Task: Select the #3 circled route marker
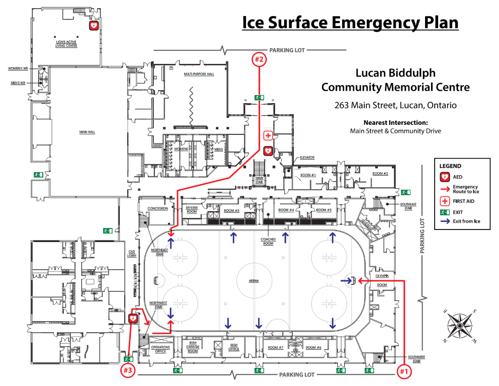(128, 371)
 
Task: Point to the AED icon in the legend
(444, 176)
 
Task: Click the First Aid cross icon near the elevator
(268, 136)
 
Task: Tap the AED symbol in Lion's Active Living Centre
(94, 25)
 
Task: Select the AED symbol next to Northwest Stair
(133, 318)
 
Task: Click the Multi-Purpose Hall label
(199, 73)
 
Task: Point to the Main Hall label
(88, 132)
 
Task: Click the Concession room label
(157, 208)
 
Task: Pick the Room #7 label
(276, 348)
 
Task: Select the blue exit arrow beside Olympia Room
(346, 280)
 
